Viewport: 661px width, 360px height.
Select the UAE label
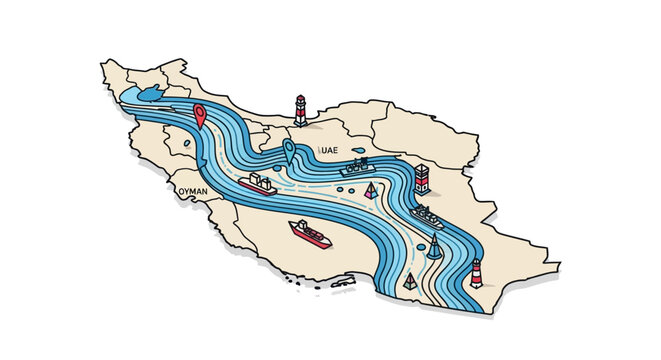click(329, 150)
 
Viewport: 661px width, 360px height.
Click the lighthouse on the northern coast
click(299, 111)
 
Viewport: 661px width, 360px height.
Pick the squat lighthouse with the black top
click(422, 180)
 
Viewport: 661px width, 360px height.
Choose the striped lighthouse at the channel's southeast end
click(477, 272)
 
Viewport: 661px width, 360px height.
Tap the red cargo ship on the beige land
click(310, 234)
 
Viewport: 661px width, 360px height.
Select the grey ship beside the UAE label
click(355, 167)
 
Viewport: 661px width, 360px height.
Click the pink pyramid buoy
click(372, 190)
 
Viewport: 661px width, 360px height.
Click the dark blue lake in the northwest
click(150, 93)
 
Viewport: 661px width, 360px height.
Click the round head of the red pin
click(200, 111)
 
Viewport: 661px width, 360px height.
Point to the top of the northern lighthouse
click(299, 99)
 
